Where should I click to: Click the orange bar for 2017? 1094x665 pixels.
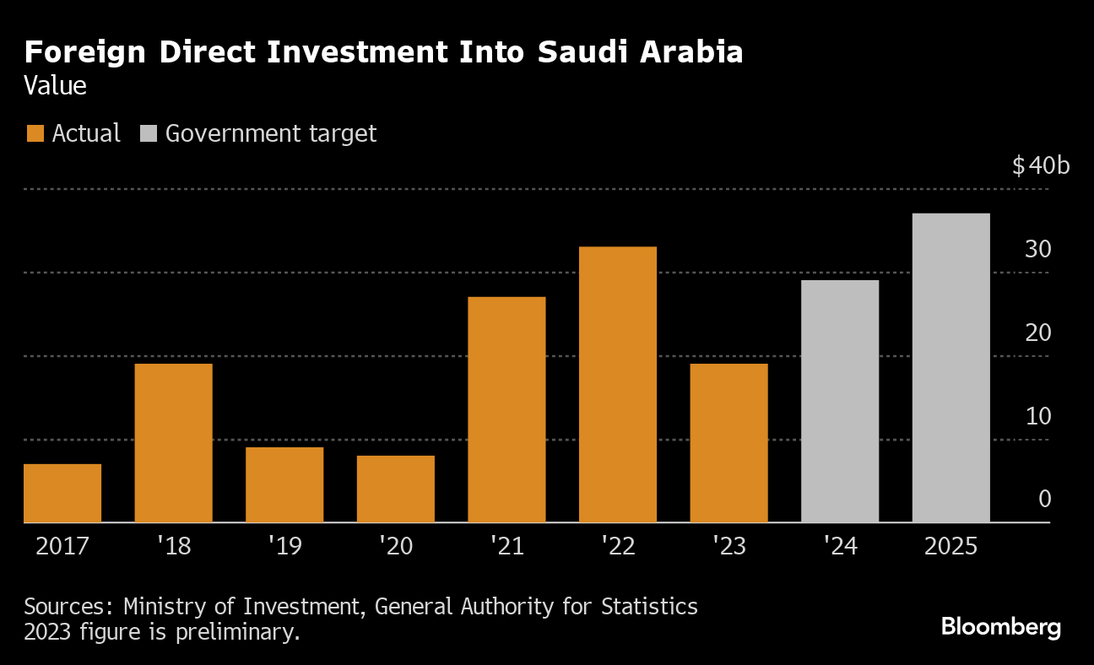point(62,494)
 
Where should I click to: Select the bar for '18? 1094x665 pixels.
point(173,443)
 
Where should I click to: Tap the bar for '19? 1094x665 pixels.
point(284,485)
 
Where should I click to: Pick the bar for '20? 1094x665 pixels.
point(395,489)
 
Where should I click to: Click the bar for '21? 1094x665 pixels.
point(506,410)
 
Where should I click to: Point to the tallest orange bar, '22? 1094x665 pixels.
point(617,385)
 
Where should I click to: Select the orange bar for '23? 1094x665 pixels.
point(728,443)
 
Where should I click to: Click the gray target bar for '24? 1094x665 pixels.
point(839,402)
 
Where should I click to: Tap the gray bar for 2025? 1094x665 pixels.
point(950,368)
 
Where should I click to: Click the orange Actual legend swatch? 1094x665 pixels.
point(35,133)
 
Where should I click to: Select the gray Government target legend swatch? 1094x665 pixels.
point(149,133)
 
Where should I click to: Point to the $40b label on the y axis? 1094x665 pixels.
point(1041,165)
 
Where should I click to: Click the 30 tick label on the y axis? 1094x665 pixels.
point(1038,250)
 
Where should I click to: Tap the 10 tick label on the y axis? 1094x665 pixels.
point(1038,416)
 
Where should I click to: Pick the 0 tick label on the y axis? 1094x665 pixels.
point(1044,499)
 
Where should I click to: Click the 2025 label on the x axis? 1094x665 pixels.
point(950,546)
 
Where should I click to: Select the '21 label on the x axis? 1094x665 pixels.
point(506,546)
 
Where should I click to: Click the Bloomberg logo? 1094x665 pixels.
point(1000,627)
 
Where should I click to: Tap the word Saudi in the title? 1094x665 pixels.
point(586,52)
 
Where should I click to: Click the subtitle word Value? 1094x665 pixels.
point(55,86)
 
